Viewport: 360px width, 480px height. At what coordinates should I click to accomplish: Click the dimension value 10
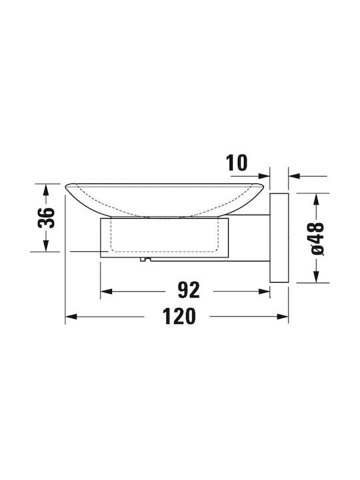point(236,163)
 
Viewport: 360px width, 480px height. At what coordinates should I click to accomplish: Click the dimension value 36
point(46,217)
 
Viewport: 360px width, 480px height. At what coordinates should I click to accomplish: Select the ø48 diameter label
point(317,239)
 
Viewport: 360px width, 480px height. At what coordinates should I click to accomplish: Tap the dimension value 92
point(189,290)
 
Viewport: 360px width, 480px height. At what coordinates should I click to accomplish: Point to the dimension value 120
point(179,316)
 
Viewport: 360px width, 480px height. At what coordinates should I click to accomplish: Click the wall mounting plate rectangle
point(279,237)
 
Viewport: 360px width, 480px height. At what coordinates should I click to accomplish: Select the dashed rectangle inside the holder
point(165,235)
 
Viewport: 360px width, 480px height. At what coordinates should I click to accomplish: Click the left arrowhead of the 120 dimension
point(71,317)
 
